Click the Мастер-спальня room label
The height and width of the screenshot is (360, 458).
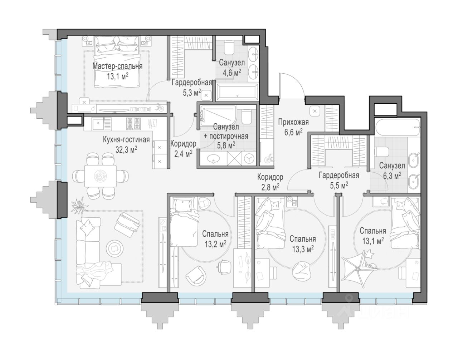point(117,66)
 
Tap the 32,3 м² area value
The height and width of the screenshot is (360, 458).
point(126,149)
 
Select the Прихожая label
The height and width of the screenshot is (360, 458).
point(293,122)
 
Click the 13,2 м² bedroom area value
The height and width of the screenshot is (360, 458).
point(215,244)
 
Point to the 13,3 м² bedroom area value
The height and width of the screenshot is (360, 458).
point(303,249)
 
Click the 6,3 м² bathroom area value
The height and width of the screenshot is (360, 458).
point(392,176)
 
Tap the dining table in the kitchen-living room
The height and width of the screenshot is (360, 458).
point(101,176)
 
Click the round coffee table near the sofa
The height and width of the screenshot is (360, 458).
point(115,247)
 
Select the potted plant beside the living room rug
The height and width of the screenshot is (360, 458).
point(79,204)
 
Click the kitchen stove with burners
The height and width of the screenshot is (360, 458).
point(133,124)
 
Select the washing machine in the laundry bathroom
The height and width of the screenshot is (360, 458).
point(249,158)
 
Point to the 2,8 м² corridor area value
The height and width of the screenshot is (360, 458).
point(271,187)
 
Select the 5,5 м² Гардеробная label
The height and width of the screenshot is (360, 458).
point(339,180)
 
